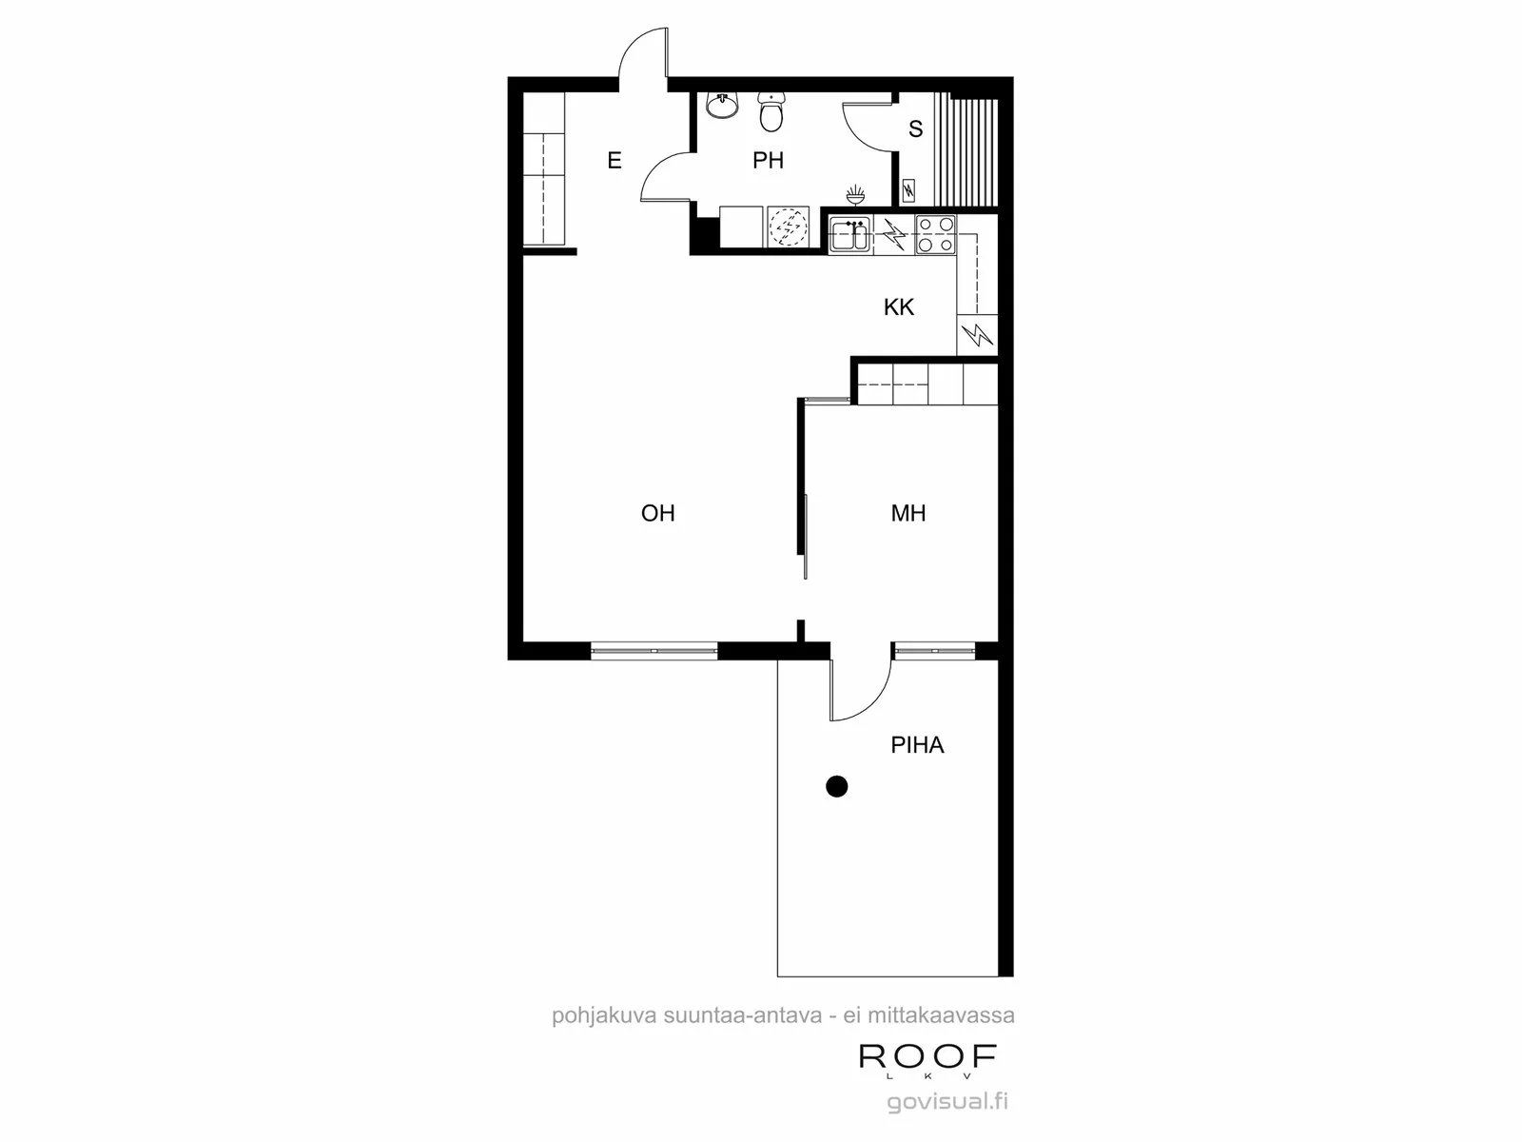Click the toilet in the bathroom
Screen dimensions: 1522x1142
point(771,111)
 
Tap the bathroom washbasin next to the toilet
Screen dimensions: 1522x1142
point(722,106)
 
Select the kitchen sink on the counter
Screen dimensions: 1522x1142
point(850,234)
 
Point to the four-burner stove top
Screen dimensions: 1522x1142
point(935,234)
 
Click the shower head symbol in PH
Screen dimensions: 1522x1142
point(856,195)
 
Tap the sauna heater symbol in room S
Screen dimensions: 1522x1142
point(907,190)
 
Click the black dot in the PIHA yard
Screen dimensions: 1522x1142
point(837,786)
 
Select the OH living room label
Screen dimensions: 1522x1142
point(657,513)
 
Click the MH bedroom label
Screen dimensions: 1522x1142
point(907,513)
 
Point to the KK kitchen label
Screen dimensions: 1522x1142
point(899,307)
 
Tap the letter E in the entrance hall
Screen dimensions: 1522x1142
point(615,161)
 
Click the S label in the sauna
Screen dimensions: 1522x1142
point(915,129)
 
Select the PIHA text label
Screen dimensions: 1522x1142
point(917,745)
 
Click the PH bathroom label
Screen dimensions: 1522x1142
point(768,161)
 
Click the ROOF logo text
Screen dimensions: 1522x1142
point(927,1056)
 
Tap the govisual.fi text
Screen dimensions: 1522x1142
point(947,1102)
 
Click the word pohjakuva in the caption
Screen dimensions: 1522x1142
point(604,1016)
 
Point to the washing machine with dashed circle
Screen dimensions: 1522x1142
point(789,226)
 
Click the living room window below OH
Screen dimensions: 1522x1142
point(654,651)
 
